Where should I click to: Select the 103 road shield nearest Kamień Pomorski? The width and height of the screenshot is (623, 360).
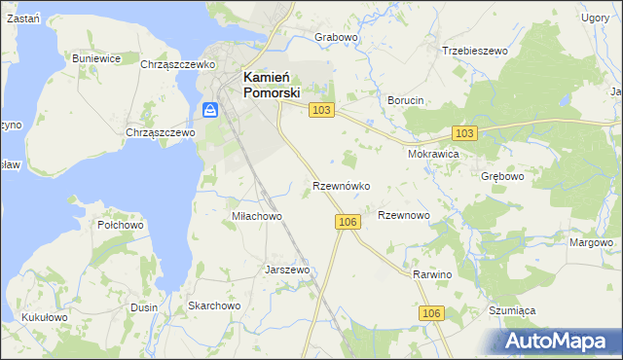point(322,111)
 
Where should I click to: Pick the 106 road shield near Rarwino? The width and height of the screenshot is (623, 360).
point(433,312)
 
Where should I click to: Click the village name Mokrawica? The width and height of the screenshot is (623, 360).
point(433,154)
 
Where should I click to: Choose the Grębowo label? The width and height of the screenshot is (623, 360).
point(502,177)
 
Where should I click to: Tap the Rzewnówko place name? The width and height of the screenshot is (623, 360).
point(340,185)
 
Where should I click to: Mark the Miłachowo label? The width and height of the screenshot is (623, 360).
point(256,216)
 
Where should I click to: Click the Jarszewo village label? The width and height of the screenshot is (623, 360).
point(287,270)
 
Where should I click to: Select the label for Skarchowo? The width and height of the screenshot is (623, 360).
point(214,306)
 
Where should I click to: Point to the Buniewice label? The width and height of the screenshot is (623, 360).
point(96,58)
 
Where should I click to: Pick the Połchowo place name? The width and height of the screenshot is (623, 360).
point(121,225)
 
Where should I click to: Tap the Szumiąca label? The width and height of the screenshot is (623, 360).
point(512,310)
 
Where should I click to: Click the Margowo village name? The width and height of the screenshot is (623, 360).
point(592,242)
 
